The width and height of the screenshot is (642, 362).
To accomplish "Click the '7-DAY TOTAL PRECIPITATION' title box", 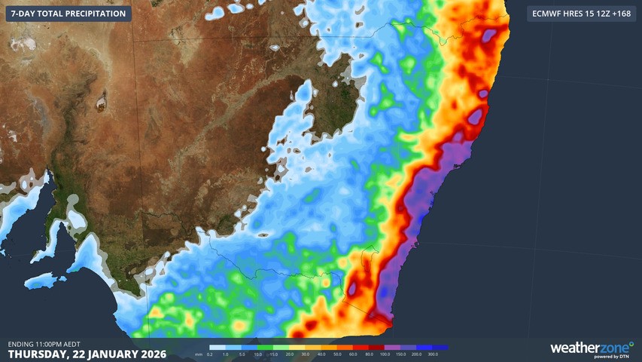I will (x=68, y=14).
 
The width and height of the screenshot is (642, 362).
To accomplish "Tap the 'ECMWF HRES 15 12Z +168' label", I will (x=581, y=14).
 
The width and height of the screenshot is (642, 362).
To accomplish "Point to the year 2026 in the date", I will (x=145, y=353).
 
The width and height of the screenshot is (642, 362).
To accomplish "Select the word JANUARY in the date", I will (x=104, y=353).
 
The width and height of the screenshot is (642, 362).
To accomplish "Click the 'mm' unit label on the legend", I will (x=198, y=353).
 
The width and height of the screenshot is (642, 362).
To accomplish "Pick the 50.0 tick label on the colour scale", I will (x=336, y=353).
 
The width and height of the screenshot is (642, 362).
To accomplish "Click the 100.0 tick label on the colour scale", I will (x=385, y=353).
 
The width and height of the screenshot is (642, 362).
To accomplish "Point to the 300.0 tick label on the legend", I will (x=433, y=353).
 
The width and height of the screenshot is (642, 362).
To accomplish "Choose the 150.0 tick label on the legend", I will (x=400, y=353).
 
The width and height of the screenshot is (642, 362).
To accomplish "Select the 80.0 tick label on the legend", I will (x=369, y=353).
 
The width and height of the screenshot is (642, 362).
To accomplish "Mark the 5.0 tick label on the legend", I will (x=241, y=353).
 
